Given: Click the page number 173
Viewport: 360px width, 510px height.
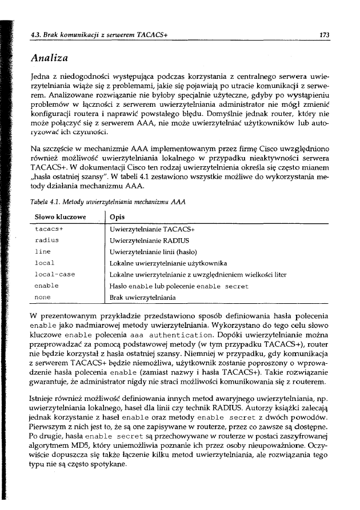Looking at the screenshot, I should point(323,35).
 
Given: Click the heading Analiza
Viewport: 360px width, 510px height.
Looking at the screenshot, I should point(53,57).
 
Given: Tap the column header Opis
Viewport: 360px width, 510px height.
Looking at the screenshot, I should point(117,217).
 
